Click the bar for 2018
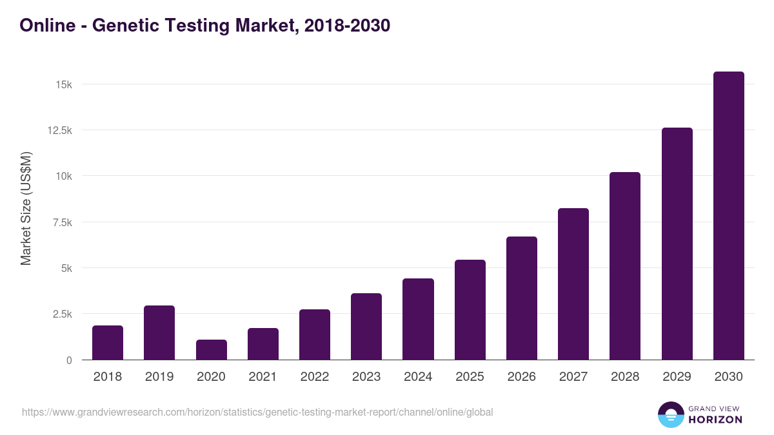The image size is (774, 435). tap(108, 343)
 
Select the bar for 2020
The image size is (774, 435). tap(212, 350)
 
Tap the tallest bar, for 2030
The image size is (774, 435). tap(729, 216)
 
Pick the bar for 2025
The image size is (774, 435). tap(470, 310)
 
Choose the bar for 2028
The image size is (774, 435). tap(625, 266)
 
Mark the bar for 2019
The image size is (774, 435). tap(159, 333)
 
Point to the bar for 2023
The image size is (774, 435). tap(366, 327)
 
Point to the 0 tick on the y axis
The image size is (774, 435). tap(68, 360)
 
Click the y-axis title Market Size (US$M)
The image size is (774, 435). tap(26, 208)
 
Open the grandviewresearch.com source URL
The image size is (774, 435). tap(258, 412)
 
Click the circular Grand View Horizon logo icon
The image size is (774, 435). tap(671, 414)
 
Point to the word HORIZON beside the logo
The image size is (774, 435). tap(716, 420)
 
